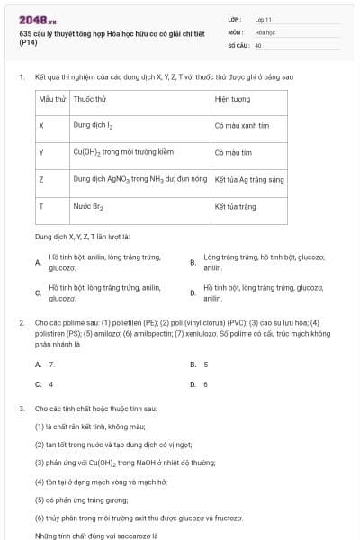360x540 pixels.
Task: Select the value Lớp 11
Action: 263,19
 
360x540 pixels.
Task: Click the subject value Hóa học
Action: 265,31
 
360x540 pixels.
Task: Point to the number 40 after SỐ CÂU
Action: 258,44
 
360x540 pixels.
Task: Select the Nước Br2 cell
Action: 88,206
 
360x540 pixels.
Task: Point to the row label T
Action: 41,206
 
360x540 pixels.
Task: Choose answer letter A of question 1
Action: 38,263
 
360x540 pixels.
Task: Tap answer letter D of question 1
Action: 193,292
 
